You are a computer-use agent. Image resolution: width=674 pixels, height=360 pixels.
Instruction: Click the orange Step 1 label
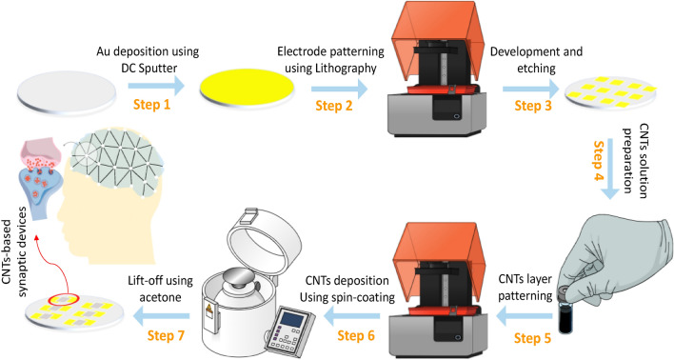[x=151, y=104]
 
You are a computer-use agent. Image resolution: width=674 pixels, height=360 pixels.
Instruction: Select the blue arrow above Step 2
[x=340, y=89]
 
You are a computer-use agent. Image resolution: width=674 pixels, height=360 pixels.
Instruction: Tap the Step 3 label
[x=533, y=106]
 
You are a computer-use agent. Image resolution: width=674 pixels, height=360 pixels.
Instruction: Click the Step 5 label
[x=532, y=338]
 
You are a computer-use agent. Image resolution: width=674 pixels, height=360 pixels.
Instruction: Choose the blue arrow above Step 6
[x=351, y=317]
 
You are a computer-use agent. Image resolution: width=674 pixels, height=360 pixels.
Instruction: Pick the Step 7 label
[x=166, y=335]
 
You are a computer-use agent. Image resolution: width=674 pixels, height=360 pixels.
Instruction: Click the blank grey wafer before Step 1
[x=67, y=93]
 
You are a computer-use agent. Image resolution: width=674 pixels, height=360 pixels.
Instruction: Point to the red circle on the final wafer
[x=63, y=298]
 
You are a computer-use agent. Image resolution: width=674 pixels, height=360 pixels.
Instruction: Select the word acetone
[x=160, y=297]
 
